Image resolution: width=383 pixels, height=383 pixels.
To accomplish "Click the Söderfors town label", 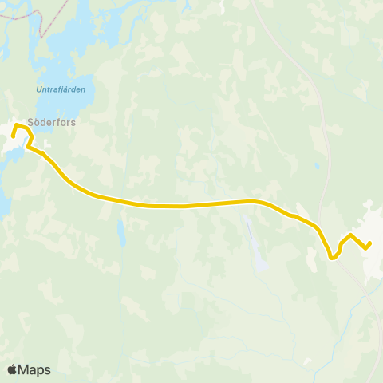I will (51, 124).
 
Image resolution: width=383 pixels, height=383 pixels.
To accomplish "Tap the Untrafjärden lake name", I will (61, 89).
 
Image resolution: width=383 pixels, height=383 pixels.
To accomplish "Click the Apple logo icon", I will (13, 369).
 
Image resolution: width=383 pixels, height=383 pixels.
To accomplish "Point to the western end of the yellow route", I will (13, 136).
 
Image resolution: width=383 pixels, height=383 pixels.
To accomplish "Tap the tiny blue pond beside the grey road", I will (317, 167).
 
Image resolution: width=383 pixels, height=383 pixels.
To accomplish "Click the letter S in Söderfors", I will (30, 124).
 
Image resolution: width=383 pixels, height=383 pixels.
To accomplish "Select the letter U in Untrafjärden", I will (38, 89).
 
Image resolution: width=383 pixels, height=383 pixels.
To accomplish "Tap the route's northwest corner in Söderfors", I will (15, 124).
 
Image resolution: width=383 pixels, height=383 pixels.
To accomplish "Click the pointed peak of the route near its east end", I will (351, 235).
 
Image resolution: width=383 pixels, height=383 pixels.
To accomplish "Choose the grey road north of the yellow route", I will (308, 88).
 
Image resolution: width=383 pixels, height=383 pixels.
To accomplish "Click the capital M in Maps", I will (26, 369).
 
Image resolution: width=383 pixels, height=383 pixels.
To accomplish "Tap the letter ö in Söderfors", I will (37, 124).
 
